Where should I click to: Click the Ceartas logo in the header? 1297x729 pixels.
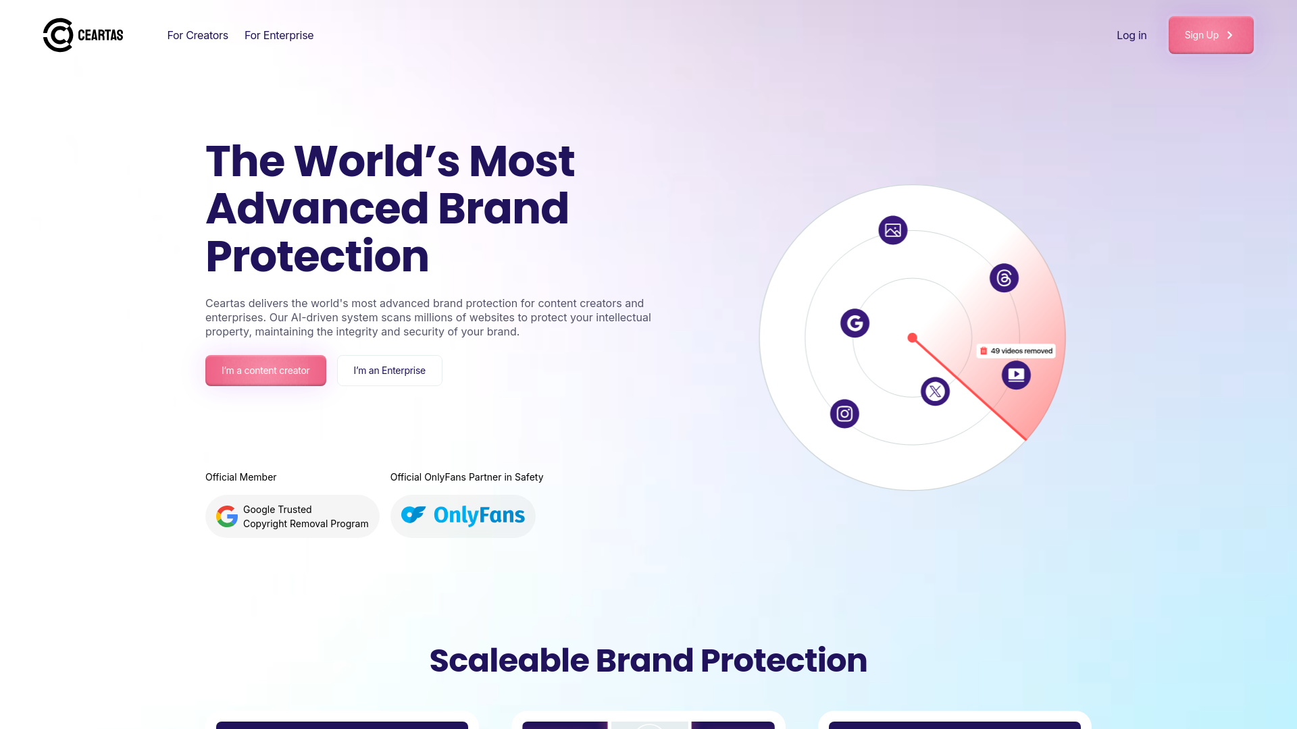(x=83, y=35)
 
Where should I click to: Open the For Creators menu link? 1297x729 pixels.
(x=197, y=35)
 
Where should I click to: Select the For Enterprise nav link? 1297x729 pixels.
(x=279, y=35)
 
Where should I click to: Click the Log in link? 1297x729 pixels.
(x=1131, y=35)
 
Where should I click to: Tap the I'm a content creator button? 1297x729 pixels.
(x=265, y=371)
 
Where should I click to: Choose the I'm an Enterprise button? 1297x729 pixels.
(x=390, y=371)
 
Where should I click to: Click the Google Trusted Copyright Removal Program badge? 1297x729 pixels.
(x=293, y=516)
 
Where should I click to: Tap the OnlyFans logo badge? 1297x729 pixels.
(x=463, y=516)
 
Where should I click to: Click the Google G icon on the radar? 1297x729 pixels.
(x=855, y=323)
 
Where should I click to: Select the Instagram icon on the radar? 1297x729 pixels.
(x=844, y=414)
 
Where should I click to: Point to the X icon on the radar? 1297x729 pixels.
(x=936, y=391)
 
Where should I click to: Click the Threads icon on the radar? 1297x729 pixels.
(x=1004, y=278)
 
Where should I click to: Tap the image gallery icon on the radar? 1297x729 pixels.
(x=893, y=230)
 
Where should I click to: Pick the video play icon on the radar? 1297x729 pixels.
(x=1016, y=375)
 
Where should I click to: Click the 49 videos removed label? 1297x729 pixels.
(x=1016, y=351)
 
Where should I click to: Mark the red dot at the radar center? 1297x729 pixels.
(x=913, y=337)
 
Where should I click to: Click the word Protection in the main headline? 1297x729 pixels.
(x=317, y=256)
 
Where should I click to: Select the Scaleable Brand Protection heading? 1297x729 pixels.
(x=648, y=660)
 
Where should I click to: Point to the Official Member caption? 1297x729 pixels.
(x=241, y=477)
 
